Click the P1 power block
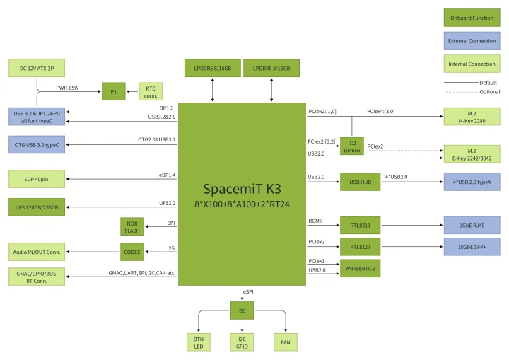(x=113, y=91)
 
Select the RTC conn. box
(x=151, y=91)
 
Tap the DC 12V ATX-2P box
(x=37, y=68)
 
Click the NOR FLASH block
(x=132, y=226)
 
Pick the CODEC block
(x=132, y=250)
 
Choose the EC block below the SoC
(x=242, y=309)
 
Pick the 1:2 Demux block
(x=352, y=146)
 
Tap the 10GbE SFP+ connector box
(x=472, y=247)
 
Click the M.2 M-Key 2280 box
(x=472, y=117)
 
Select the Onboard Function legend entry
(x=472, y=18)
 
